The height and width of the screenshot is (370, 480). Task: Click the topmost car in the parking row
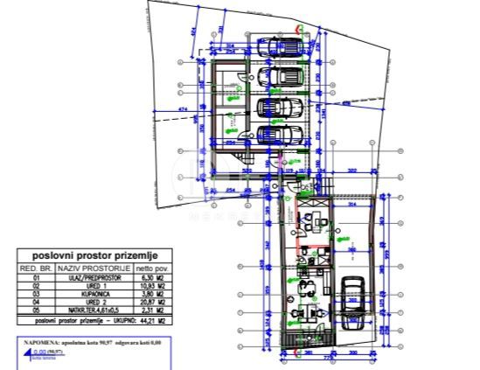click(x=282, y=47)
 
